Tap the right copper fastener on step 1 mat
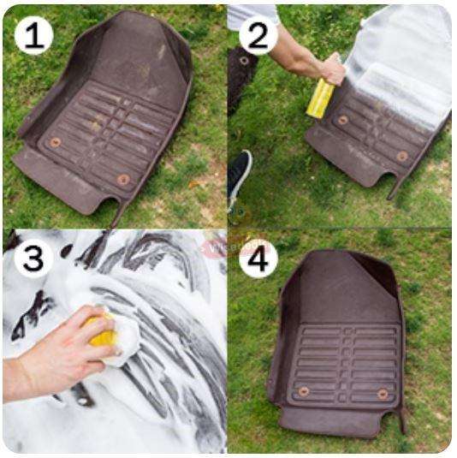(124, 180)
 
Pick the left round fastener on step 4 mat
(304, 390)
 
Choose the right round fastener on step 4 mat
(382, 394)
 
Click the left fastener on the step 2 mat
(343, 120)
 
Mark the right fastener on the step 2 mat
(401, 156)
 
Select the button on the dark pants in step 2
(244, 61)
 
